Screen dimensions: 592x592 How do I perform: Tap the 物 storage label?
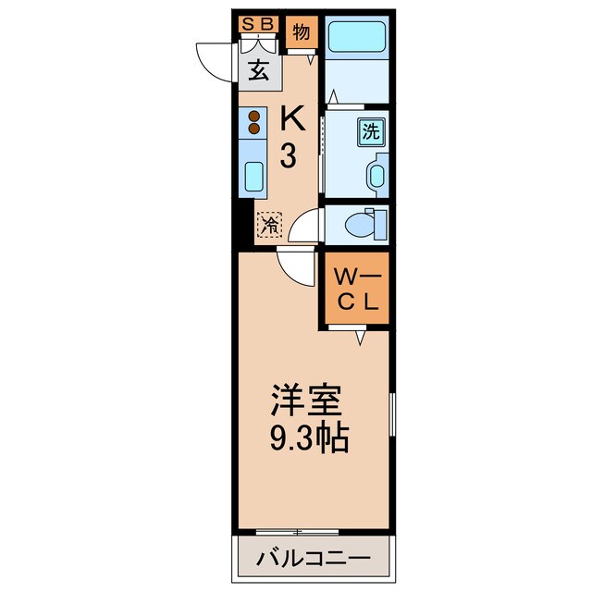[301, 33]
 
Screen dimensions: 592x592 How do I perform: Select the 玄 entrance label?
[259, 71]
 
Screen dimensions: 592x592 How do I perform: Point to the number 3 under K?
[289, 156]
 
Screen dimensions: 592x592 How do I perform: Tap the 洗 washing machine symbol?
[370, 131]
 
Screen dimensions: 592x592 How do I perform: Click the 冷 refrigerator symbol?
[269, 224]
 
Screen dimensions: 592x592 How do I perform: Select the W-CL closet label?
[355, 289]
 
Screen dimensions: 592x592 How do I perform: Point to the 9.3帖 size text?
[310, 438]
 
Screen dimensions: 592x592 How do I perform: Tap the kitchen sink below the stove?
[253, 175]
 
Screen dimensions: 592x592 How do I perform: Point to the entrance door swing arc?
[212, 58]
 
